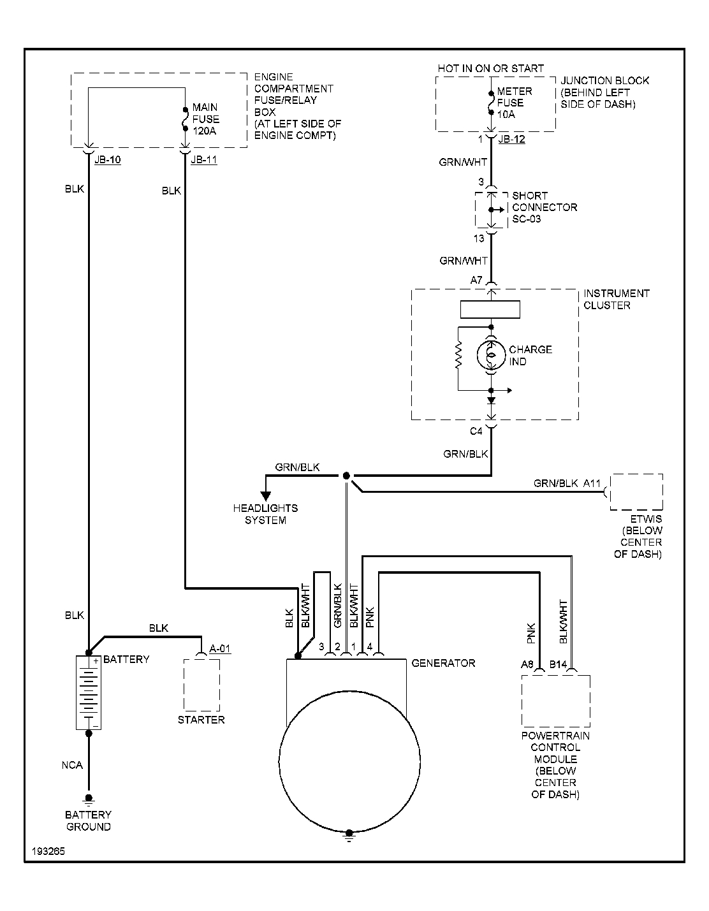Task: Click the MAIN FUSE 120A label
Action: coord(205,119)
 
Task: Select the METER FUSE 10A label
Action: coord(514,103)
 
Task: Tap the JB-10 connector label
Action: coord(107,160)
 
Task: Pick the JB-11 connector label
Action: coord(203,160)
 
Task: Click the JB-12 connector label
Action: coord(511,139)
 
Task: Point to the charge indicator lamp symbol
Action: coord(491,355)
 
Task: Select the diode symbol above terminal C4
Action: coord(491,401)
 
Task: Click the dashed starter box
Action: coord(201,685)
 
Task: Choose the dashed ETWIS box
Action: coord(636,492)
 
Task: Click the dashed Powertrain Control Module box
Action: coord(555,701)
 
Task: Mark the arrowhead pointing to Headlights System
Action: coord(265,495)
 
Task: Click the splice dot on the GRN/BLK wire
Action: coord(346,476)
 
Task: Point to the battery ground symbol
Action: coord(89,799)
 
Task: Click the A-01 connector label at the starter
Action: coord(220,649)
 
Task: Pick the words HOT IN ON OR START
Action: coord(490,68)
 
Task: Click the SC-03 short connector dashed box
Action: coord(491,209)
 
